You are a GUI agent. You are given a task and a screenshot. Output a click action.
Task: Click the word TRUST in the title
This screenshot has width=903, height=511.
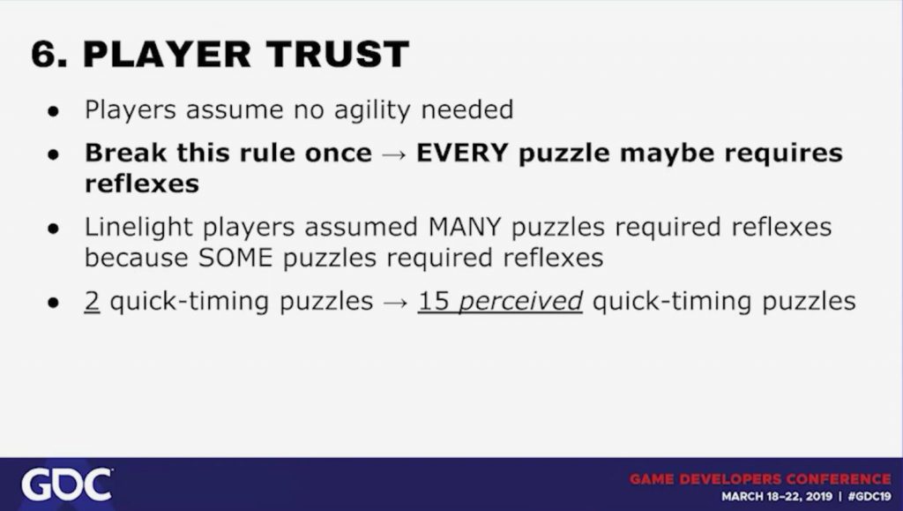coord(338,54)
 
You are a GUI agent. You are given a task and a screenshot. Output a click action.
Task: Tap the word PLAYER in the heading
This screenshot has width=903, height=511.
coord(167,54)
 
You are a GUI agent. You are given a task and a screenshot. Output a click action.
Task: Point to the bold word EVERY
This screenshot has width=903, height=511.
coord(462,154)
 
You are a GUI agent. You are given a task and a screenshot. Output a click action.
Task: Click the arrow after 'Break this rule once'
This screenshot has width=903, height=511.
coord(394,155)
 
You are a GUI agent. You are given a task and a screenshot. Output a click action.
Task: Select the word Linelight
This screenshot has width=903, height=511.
coord(138,228)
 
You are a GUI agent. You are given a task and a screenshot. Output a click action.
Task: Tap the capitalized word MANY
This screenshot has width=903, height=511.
coord(465,227)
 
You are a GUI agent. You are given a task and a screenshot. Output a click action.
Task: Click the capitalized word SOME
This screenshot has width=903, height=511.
coord(235,258)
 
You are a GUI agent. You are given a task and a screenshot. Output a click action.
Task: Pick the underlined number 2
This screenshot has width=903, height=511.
coord(92,301)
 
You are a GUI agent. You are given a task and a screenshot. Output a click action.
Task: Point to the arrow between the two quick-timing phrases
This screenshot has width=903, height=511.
coord(396,303)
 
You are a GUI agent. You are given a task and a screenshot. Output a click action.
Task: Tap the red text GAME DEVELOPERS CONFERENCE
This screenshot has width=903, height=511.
coord(760,479)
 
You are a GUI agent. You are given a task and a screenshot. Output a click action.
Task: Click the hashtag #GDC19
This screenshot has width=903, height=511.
coord(869,497)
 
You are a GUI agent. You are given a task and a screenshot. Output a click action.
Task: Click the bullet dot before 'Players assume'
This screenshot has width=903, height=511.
coord(54,112)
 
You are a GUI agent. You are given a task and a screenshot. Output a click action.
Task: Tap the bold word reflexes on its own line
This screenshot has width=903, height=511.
coord(142,184)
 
